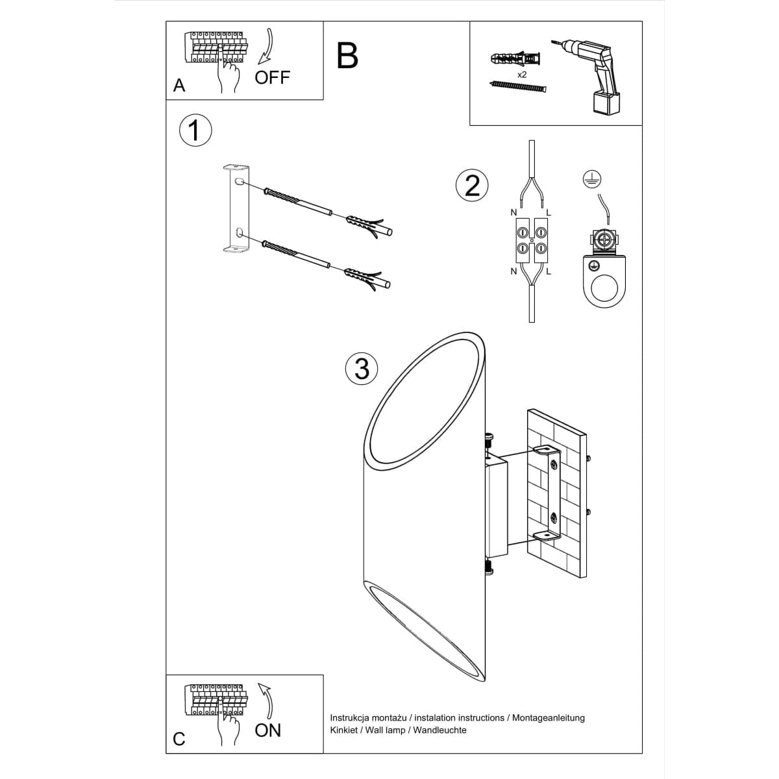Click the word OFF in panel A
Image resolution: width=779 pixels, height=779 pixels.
coord(272,77)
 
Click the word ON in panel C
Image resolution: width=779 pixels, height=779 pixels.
coord(268,730)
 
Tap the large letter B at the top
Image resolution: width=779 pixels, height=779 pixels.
coord(348,56)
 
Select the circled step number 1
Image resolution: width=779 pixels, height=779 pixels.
coord(194,130)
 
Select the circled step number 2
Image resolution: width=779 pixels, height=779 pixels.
coord(472,185)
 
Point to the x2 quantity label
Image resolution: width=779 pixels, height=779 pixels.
coord(522,75)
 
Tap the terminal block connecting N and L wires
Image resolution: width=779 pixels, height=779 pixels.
coord(531,239)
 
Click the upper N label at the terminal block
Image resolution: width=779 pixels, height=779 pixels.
coord(513,212)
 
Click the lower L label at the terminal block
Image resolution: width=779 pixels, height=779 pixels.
coord(549,271)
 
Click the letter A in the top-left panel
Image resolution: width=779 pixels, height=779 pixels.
coord(179,86)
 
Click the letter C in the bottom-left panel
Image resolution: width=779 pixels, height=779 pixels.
coord(179,739)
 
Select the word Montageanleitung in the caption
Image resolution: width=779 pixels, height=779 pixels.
coord(549,717)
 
